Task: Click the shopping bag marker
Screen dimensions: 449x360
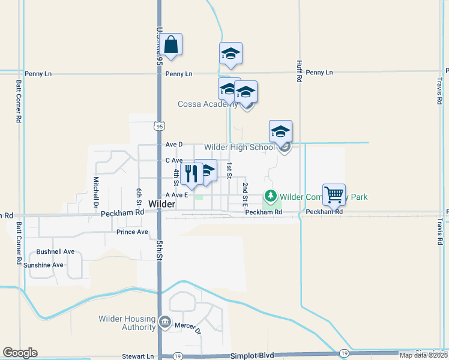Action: (171, 45)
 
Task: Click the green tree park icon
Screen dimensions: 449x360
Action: (271, 196)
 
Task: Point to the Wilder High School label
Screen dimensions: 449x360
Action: (240, 147)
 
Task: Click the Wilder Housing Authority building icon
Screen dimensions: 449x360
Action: (164, 323)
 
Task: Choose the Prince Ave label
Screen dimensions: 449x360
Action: (132, 232)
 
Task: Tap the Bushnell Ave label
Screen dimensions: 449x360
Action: (55, 251)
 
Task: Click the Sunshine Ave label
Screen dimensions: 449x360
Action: (43, 265)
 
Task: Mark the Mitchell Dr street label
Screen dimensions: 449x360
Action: (95, 191)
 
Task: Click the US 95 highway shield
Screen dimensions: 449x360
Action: (158, 126)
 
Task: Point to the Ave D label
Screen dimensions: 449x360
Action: (173, 145)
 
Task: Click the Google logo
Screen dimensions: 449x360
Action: (20, 353)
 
